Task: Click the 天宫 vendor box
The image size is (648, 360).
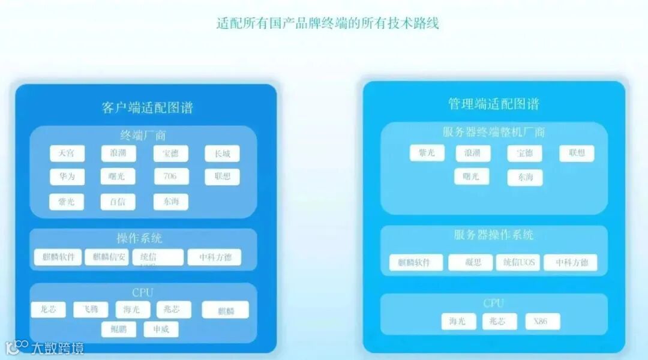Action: tap(67, 154)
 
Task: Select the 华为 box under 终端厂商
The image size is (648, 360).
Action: tap(67, 177)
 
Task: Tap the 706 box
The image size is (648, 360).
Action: tap(171, 176)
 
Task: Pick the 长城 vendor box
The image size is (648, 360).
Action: tap(222, 154)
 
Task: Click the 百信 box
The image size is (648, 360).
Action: tap(118, 202)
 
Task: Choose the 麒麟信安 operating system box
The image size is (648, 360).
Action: tap(106, 257)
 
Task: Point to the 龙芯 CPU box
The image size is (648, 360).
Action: tap(49, 310)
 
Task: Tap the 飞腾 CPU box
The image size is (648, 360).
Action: tap(91, 310)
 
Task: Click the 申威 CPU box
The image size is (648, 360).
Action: tap(161, 329)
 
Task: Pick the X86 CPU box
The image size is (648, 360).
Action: tap(542, 322)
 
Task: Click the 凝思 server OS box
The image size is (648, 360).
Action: tap(470, 262)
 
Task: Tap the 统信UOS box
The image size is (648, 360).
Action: tap(518, 262)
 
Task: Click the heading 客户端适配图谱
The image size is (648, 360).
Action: tap(147, 108)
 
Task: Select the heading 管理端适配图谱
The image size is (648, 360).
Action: tap(494, 103)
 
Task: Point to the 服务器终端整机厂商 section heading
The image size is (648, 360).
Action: tap(494, 131)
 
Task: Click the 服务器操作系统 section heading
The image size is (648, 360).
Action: tap(494, 235)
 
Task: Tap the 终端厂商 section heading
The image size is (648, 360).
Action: tap(143, 135)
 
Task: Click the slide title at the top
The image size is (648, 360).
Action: tap(328, 24)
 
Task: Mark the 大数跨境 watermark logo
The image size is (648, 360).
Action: tap(45, 347)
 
